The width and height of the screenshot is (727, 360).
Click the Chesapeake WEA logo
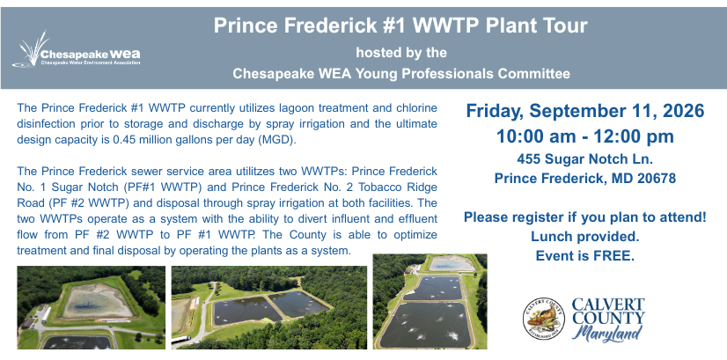pyautogui.click(x=77, y=50)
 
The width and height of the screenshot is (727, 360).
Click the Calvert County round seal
pyautogui.click(x=543, y=319)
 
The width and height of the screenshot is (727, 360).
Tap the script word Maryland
pyautogui.click(x=607, y=333)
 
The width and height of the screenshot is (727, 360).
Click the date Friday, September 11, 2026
pyautogui.click(x=585, y=111)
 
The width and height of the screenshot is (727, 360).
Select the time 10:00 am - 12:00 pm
pyautogui.click(x=585, y=136)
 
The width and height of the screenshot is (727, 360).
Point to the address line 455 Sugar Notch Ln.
pyautogui.click(x=585, y=159)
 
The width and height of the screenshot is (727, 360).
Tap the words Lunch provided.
pyautogui.click(x=585, y=236)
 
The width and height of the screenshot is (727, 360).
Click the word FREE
pyautogui.click(x=613, y=255)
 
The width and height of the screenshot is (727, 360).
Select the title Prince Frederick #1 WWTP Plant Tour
pyautogui.click(x=400, y=26)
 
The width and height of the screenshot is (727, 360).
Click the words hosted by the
pyautogui.click(x=401, y=53)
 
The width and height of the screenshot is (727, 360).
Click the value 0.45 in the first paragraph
pyautogui.click(x=124, y=140)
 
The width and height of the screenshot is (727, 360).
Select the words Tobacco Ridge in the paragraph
pyautogui.click(x=400, y=187)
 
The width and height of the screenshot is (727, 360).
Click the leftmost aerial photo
pyautogui.click(x=91, y=307)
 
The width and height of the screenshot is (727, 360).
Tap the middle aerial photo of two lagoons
pyautogui.click(x=269, y=307)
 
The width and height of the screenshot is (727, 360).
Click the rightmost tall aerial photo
pyautogui.click(x=430, y=302)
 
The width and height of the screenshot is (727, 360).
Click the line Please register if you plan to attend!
pyautogui.click(x=585, y=217)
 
